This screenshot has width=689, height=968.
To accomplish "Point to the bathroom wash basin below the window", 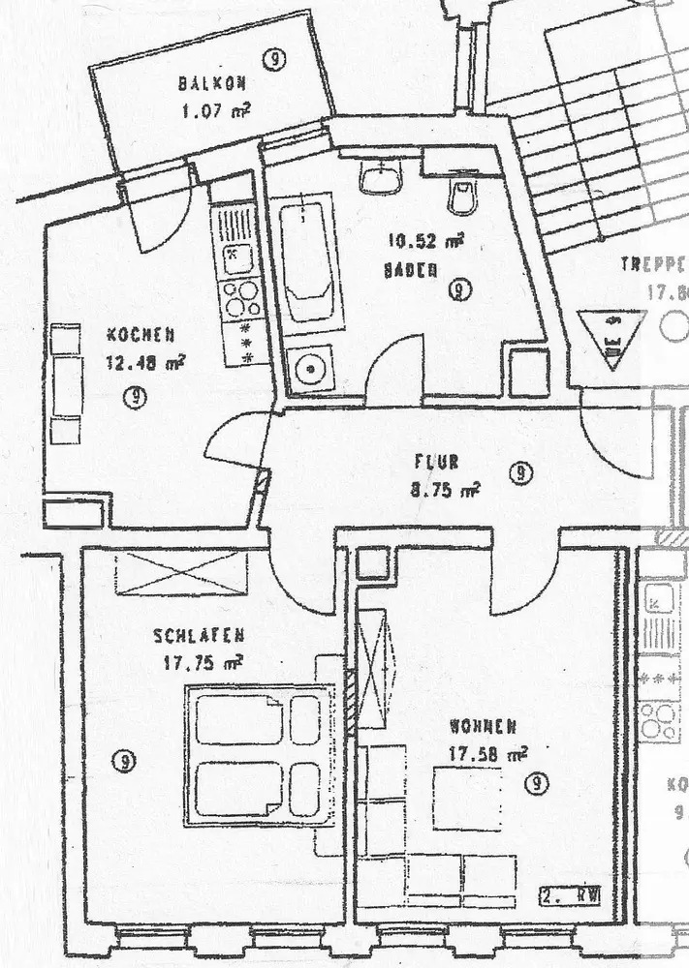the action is click(x=381, y=178).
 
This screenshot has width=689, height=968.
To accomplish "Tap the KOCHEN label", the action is click(x=141, y=336).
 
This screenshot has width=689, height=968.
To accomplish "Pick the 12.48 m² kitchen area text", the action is click(x=145, y=364).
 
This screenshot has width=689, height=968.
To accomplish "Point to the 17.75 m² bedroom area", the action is click(x=202, y=663).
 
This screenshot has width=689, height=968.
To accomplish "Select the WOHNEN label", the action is click(x=482, y=725).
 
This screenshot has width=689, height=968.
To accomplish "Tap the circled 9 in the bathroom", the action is click(x=459, y=288).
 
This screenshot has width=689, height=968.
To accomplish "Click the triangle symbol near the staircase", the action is click(x=602, y=336).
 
